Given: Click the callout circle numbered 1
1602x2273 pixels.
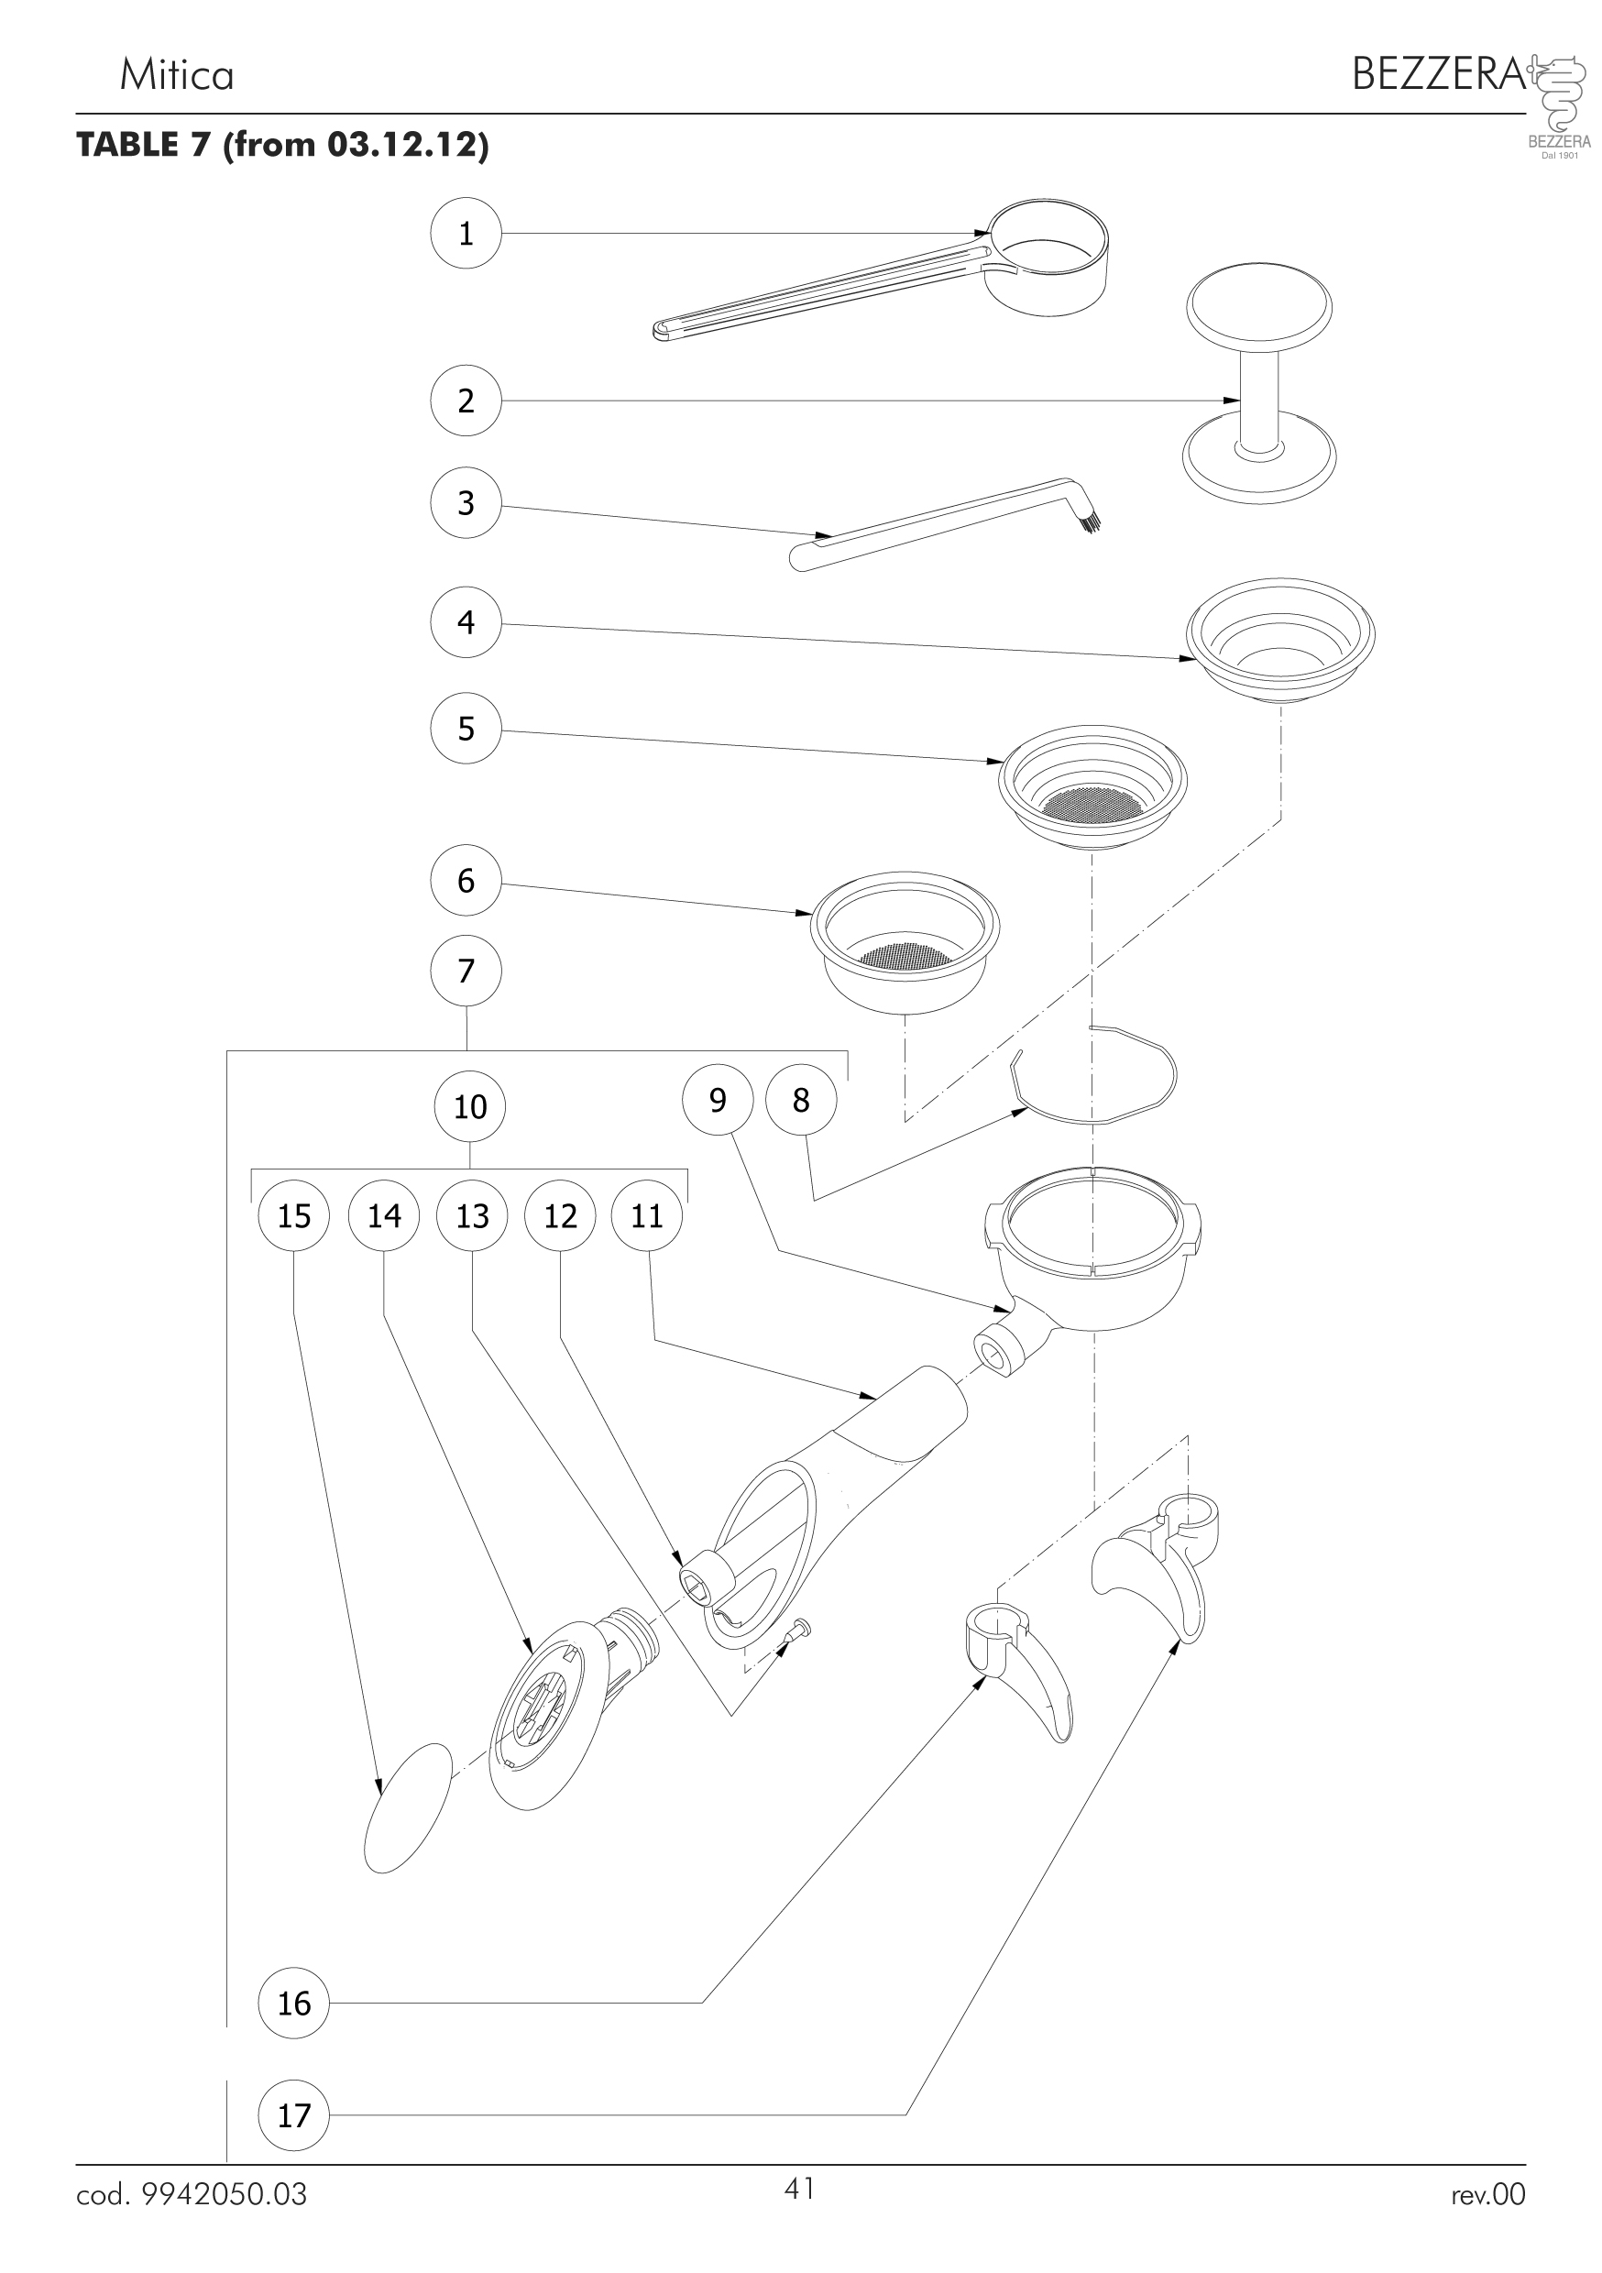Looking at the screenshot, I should tap(466, 234).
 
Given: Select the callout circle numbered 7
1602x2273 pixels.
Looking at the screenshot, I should tap(466, 972).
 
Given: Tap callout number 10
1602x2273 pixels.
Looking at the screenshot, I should tap(469, 1106).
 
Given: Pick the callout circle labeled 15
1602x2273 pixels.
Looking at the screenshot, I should tap(294, 1215).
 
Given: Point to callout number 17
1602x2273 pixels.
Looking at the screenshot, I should tap(294, 2115).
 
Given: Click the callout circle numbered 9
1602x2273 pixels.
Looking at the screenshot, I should tap(718, 1100).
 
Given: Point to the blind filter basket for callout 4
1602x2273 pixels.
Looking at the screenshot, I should tap(1281, 642).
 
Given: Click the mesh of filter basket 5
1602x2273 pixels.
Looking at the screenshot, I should tap(1092, 803).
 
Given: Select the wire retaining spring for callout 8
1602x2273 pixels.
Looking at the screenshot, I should tap(1094, 1076).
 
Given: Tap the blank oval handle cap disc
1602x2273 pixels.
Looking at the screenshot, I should tap(407, 1807).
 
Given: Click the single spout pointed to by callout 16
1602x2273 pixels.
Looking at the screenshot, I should tap(1020, 1673).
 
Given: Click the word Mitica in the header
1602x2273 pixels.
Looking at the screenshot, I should tap(176, 75).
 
